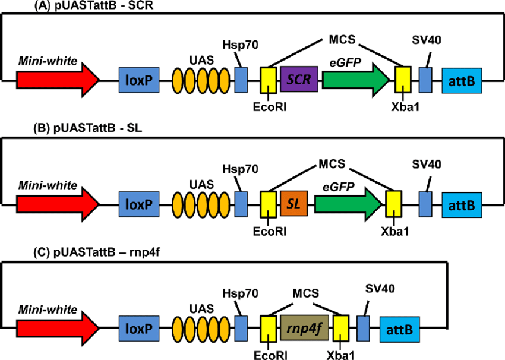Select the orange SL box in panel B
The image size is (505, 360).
[292, 204]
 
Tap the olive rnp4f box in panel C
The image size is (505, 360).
[301, 328]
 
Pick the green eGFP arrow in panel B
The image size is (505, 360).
[348, 204]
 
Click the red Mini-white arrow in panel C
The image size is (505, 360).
[57, 328]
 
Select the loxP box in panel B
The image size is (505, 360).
[139, 204]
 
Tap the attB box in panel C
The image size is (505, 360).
[400, 328]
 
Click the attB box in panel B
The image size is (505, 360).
[462, 204]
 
